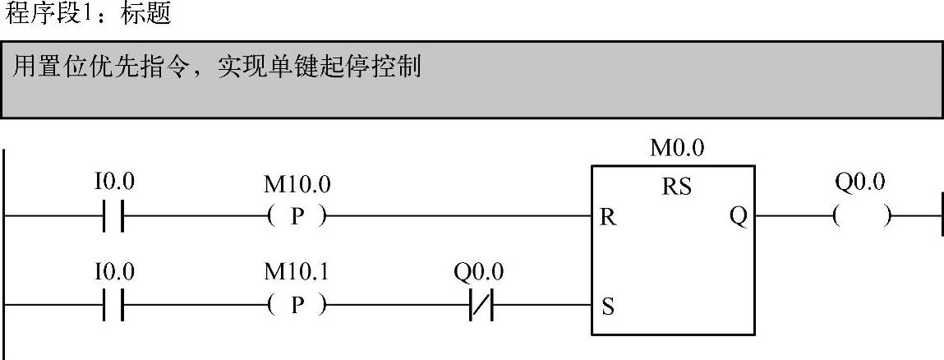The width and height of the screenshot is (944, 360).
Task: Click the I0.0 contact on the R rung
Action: [113, 218]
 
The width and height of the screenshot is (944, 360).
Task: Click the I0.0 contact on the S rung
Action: [113, 308]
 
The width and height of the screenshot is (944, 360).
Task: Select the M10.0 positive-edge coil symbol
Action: [297, 218]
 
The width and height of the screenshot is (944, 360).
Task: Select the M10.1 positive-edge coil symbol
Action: [297, 308]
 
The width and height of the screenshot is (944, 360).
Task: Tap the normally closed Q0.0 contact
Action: [479, 308]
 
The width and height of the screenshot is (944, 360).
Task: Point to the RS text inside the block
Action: [677, 187]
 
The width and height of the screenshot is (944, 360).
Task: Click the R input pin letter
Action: [608, 219]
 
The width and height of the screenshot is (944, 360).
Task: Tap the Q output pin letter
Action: [737, 219]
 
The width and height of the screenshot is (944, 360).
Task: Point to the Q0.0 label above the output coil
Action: [859, 182]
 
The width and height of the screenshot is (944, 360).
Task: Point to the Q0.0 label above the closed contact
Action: [479, 272]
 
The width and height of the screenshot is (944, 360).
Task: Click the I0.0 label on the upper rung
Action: [113, 182]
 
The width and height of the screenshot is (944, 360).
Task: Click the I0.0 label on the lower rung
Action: [113, 272]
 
